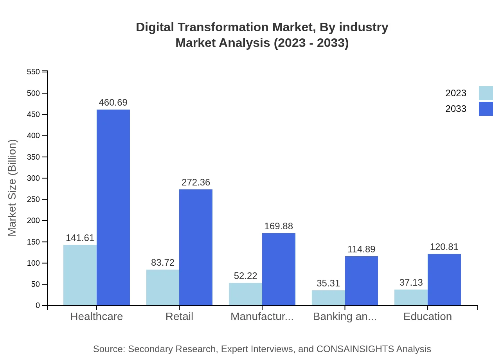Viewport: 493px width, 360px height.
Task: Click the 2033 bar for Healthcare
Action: pyautogui.click(x=113, y=207)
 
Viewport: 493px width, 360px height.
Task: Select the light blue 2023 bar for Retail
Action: pyautogui.click(x=163, y=288)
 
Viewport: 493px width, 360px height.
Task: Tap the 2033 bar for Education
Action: pyautogui.click(x=444, y=280)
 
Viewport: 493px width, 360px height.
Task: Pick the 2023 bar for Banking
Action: pyautogui.click(x=328, y=298)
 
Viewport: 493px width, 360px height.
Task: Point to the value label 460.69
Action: pyautogui.click(x=113, y=103)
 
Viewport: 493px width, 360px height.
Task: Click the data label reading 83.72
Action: pyautogui.click(x=163, y=263)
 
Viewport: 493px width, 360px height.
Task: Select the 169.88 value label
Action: pyautogui.click(x=279, y=226)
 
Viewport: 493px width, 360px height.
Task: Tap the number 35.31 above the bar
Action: pyautogui.click(x=328, y=283)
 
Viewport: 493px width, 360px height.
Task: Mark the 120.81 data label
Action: pyautogui.click(x=444, y=247)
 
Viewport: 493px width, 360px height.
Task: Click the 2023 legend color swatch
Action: pyautogui.click(x=486, y=93)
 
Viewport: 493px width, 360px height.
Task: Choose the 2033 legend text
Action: pyautogui.click(x=456, y=109)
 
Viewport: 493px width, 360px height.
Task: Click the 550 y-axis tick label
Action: pyautogui.click(x=33, y=72)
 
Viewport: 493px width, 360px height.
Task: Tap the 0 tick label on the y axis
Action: pyautogui.click(x=38, y=305)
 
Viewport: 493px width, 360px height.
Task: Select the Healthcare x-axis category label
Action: pyautogui.click(x=96, y=316)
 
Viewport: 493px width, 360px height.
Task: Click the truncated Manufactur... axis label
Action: pyautogui.click(x=262, y=316)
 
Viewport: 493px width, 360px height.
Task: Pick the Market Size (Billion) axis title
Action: pyautogui.click(x=13, y=188)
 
